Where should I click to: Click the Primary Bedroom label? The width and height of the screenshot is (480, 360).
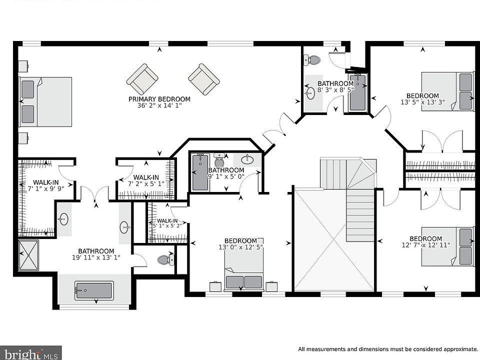(159, 99)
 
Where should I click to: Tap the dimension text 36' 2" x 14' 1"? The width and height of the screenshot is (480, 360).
(159, 105)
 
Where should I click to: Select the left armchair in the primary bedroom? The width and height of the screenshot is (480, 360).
(142, 79)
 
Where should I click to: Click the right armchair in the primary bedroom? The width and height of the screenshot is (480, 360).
(204, 79)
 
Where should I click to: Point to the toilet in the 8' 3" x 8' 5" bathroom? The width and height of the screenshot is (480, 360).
(311, 59)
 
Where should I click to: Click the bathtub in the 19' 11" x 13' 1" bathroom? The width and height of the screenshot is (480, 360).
(94, 291)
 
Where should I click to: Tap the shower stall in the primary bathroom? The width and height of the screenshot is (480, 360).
(28, 255)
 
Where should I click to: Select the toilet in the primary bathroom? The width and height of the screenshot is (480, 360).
(165, 260)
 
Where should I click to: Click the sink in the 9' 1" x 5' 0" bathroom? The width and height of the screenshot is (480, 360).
(247, 159)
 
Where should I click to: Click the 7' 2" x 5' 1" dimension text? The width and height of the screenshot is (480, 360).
(146, 183)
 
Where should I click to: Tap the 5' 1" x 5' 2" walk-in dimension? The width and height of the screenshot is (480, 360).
(167, 226)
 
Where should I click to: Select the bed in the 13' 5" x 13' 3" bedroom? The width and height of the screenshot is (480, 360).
(447, 91)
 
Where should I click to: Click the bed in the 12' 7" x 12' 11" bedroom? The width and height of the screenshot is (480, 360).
(447, 246)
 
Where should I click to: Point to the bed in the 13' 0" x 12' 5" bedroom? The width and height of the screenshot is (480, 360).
(244, 264)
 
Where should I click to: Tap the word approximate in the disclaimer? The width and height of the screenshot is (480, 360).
(454, 349)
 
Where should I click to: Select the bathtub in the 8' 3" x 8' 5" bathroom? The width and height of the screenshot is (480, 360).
(357, 92)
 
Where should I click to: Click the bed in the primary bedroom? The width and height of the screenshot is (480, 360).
(45, 101)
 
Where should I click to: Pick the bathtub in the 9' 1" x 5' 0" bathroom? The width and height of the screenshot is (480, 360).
(200, 172)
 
